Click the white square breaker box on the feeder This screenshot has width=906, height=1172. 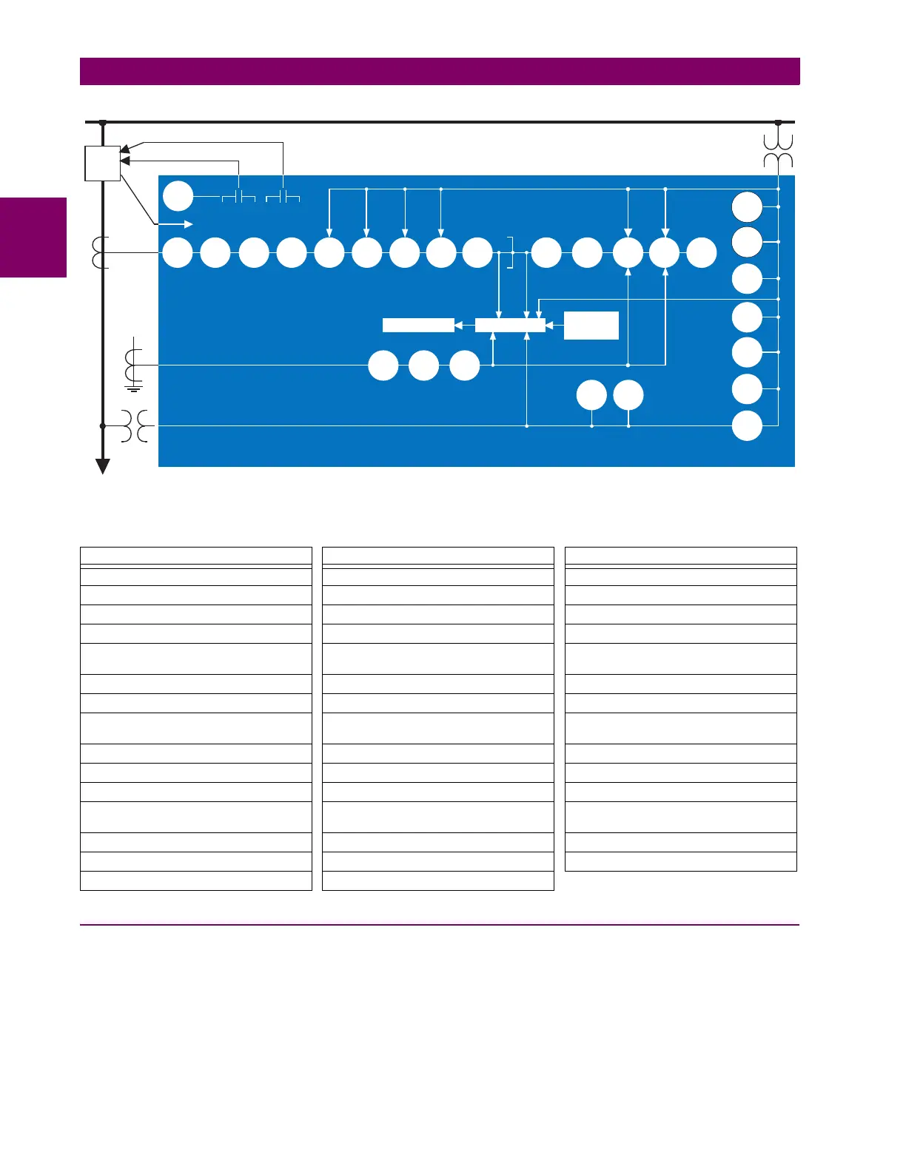point(103,164)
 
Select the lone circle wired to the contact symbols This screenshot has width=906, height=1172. point(178,197)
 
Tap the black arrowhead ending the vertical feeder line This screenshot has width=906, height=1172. point(103,466)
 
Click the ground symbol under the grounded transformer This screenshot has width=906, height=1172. point(134,386)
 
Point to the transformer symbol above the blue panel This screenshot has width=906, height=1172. point(778,151)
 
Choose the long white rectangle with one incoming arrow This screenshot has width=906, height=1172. point(418,325)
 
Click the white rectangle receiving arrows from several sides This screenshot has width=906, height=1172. point(510,325)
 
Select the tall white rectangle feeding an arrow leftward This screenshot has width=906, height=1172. point(591,325)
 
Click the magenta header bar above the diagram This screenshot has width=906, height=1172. point(440,72)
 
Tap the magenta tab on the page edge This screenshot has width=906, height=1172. point(33,238)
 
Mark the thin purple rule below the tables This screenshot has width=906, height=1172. point(440,925)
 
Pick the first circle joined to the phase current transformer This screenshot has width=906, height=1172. point(177,253)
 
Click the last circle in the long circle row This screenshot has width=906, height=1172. point(701,253)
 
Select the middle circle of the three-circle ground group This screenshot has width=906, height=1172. point(423,366)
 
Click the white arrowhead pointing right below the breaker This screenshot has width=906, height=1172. point(189,224)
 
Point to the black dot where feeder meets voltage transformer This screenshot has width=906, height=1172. point(103,426)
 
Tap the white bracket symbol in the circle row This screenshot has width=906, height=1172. point(510,253)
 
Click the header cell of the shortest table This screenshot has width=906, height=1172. point(680,556)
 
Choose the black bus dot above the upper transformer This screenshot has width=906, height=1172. point(778,122)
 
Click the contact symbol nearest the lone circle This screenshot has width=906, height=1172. point(238,198)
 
